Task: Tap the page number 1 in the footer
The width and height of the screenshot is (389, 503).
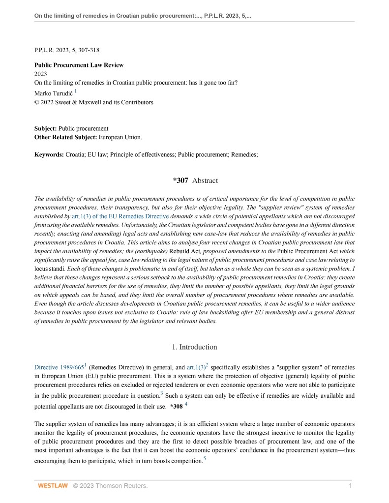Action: [350, 486]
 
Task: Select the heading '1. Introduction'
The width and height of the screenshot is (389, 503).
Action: [194, 347]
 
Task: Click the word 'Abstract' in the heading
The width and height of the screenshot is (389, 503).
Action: [205, 180]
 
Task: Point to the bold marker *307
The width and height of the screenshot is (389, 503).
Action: [180, 180]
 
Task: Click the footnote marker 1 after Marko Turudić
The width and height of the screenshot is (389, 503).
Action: [76, 90]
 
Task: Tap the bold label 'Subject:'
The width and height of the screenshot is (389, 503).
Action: [45, 128]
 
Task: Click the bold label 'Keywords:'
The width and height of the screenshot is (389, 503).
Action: [49, 154]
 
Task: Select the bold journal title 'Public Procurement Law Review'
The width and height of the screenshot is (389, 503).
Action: [79, 65]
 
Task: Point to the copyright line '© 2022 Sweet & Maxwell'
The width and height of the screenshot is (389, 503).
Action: [93, 102]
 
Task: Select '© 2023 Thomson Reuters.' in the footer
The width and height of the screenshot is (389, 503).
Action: [110, 486]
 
